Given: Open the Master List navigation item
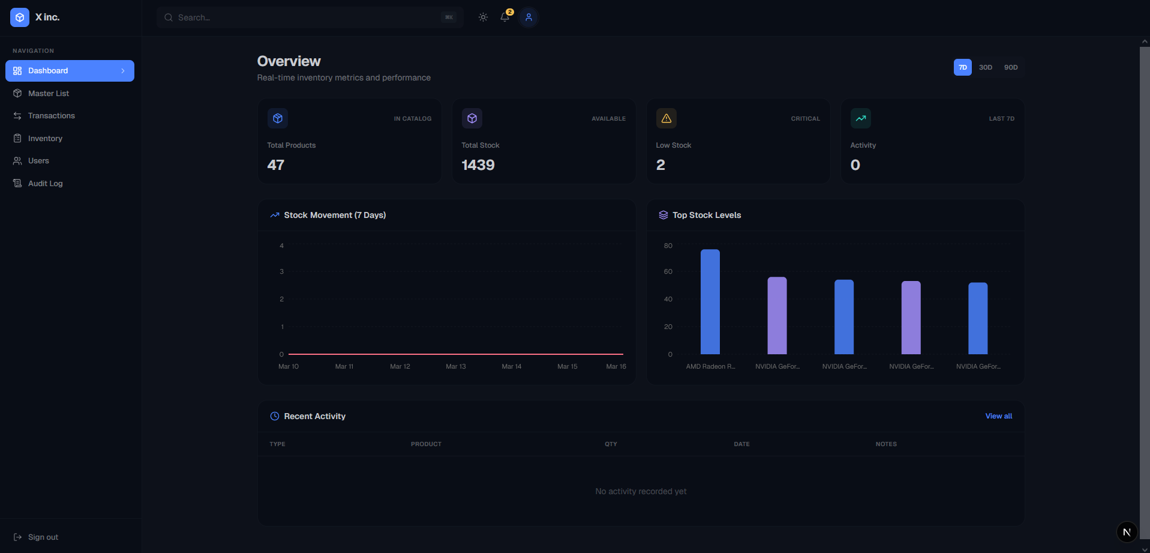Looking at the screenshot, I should click(x=48, y=94).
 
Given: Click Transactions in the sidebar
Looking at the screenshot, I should click(x=51, y=116).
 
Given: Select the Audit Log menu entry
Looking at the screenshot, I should click(x=45, y=184).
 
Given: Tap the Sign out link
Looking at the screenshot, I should click(x=43, y=537).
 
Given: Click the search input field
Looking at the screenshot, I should click(x=306, y=17).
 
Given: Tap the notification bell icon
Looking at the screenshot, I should click(x=505, y=17).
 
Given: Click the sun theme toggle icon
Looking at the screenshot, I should click(x=483, y=17).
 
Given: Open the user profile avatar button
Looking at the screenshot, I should click(x=529, y=17).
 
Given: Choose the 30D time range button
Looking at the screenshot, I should click(x=985, y=67).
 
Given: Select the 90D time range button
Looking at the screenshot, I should click(x=1011, y=67).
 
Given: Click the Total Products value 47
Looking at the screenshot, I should click(x=276, y=165).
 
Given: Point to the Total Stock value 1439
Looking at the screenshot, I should click(x=478, y=165).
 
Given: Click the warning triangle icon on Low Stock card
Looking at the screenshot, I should click(x=666, y=118).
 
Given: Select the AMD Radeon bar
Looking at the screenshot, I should click(x=710, y=301).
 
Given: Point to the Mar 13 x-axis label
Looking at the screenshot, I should click(x=456, y=366).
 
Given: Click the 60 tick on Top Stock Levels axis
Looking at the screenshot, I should click(x=668, y=272).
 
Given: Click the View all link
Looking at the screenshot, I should click(x=998, y=416).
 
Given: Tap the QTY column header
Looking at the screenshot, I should click(x=611, y=444).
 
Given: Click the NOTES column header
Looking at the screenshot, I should click(x=886, y=444).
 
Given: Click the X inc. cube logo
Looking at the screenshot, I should click(x=20, y=17).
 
